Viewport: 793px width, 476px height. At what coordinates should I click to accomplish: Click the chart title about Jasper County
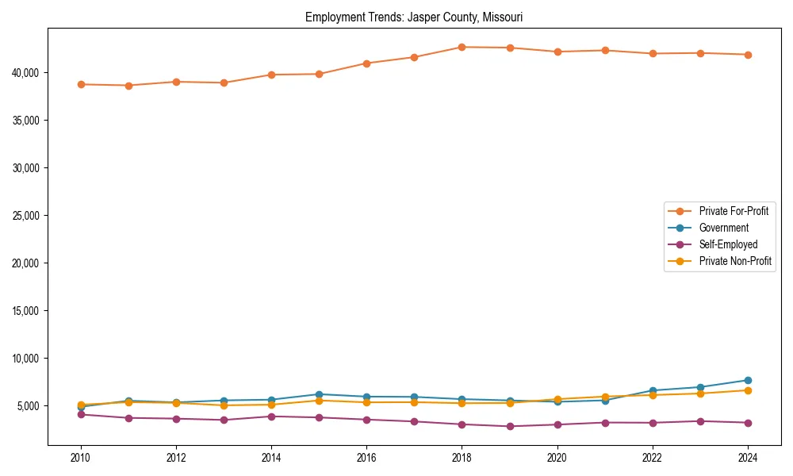(x=414, y=17)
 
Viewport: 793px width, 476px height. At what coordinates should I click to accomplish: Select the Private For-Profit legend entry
(x=734, y=211)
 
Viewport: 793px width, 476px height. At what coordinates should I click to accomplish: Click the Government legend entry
(x=723, y=228)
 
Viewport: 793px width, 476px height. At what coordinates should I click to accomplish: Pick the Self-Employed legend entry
(x=728, y=244)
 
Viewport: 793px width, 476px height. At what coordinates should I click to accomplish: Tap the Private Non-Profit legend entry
(x=735, y=261)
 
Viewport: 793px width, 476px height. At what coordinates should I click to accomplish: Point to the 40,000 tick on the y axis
(x=28, y=73)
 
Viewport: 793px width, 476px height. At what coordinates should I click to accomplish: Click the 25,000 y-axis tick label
(x=28, y=216)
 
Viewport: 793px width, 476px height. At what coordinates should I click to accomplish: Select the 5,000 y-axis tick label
(x=30, y=406)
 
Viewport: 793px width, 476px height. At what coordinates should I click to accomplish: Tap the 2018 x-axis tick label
(x=462, y=458)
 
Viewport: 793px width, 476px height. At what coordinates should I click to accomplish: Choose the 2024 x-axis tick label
(x=748, y=458)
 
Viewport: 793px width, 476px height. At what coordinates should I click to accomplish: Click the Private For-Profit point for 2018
(x=462, y=47)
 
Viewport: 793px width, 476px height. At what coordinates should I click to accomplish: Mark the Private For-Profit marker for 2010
(x=81, y=84)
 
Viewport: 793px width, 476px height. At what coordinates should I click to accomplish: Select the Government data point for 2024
(x=748, y=380)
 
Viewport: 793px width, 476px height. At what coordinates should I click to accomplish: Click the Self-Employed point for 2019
(x=509, y=426)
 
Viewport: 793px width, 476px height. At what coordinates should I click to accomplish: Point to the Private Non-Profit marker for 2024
(x=748, y=390)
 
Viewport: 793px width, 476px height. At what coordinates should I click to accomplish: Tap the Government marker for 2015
(x=319, y=394)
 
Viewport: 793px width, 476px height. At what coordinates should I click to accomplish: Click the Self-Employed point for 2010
(x=81, y=414)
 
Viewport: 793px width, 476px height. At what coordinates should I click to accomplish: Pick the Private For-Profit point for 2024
(x=748, y=55)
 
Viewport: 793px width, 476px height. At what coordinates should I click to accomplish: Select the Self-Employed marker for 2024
(x=748, y=423)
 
